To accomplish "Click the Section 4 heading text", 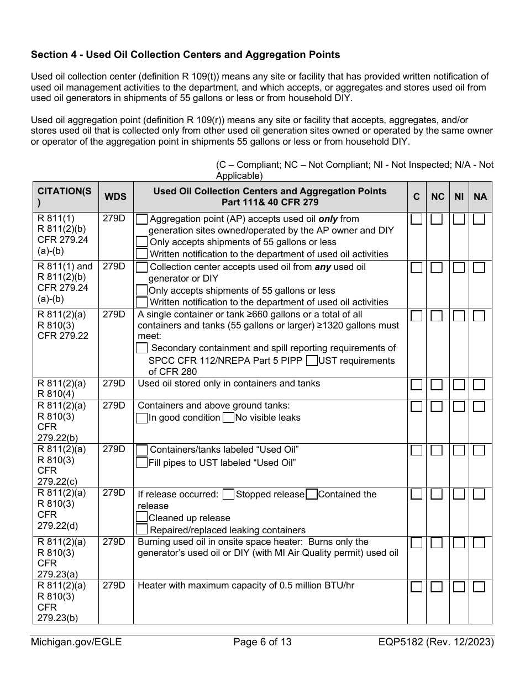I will pyautogui.click(x=185, y=55).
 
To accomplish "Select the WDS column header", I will pyautogui.click(x=115, y=197).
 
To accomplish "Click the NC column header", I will pyautogui.click(x=437, y=197).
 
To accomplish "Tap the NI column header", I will pyautogui.click(x=459, y=197).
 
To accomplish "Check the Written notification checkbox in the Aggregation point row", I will pyautogui.click(x=142, y=254).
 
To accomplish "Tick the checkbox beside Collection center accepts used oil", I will pyautogui.click(x=142, y=267).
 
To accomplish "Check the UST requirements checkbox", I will pyautogui.click(x=312, y=360).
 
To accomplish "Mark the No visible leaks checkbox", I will pyautogui.click(x=228, y=418).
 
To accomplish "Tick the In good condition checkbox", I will pyautogui.click(x=142, y=418).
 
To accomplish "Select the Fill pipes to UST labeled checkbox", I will pyautogui.click(x=142, y=463).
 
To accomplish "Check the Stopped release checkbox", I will pyautogui.click(x=228, y=495).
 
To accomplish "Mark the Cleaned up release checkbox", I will pyautogui.click(x=142, y=518).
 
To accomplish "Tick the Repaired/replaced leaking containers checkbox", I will pyautogui.click(x=142, y=530).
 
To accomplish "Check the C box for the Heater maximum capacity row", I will pyautogui.click(x=417, y=586).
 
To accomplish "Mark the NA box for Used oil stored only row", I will pyautogui.click(x=479, y=384).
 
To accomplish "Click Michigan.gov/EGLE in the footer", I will pyautogui.click(x=76, y=642).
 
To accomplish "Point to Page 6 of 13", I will pyautogui.click(x=262, y=642).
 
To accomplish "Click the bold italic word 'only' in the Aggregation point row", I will pyautogui.click(x=328, y=219).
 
